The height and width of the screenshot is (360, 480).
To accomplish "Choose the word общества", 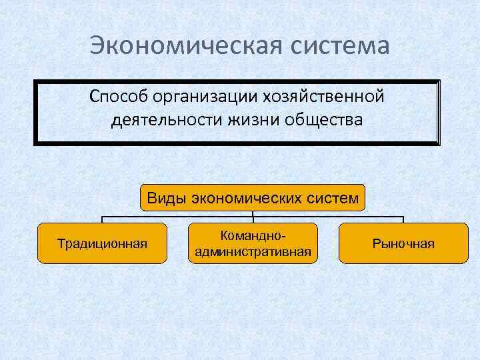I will pos(324,121).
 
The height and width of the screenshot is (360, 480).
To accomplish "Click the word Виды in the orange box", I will pos(167,198).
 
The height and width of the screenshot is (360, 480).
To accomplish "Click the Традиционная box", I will pos(102,243).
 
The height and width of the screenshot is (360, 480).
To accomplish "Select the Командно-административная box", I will pos(253,243).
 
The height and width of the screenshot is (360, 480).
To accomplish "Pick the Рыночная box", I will pos(403,243).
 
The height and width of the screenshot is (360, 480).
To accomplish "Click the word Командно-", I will pos(253,237).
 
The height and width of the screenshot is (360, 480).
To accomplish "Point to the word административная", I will pos(253,251).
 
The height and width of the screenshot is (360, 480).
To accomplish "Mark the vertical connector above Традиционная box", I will pos(102,219).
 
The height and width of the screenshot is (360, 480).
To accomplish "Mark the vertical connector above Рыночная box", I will pos(403,219).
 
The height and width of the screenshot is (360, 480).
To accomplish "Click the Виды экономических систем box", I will pos(253,198).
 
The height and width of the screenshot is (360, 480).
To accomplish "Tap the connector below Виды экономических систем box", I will pos(253,214).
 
